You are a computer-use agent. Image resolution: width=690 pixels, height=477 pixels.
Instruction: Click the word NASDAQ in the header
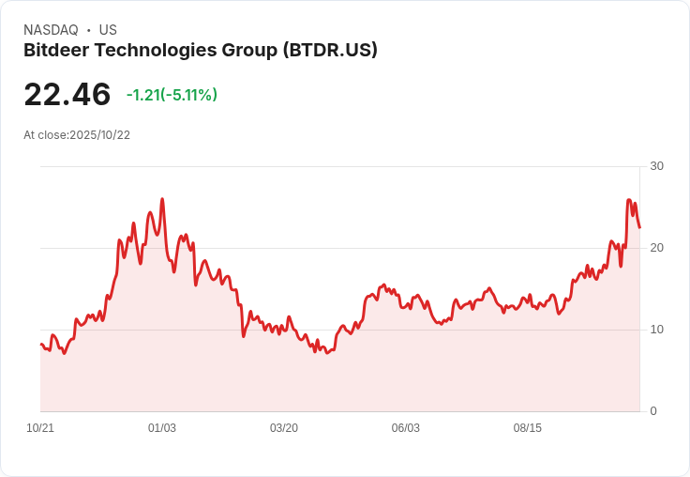click(51, 30)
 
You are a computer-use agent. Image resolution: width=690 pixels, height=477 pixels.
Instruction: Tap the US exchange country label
click(108, 30)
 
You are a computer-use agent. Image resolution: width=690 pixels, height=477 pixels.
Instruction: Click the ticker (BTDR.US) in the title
click(330, 51)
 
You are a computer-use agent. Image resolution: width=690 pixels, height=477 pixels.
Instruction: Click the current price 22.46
click(67, 95)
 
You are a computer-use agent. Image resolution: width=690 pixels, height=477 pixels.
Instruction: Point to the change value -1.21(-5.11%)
click(172, 95)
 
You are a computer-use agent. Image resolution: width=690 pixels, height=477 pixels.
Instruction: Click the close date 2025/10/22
click(99, 135)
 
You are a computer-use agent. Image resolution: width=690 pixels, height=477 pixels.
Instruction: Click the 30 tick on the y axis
click(656, 166)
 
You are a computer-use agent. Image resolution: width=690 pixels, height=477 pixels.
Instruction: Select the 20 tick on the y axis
click(656, 248)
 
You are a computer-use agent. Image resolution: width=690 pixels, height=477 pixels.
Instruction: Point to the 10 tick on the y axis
click(656, 330)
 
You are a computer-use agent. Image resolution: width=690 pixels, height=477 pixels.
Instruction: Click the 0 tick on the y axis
click(653, 411)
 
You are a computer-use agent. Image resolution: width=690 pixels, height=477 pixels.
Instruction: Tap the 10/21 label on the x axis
click(40, 428)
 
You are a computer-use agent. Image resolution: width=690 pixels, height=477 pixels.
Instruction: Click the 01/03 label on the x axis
click(162, 428)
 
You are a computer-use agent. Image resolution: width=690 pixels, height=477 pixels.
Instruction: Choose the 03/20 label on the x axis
click(284, 428)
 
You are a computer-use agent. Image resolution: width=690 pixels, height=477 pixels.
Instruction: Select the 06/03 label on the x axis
click(406, 428)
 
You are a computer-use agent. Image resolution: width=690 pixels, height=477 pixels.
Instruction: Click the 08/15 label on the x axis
click(528, 428)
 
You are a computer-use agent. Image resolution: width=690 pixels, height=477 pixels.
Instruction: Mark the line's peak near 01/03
click(162, 199)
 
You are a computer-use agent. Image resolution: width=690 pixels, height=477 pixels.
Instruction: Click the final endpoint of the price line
click(639, 227)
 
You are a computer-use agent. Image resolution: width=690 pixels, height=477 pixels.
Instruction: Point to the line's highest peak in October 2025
click(629, 199)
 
